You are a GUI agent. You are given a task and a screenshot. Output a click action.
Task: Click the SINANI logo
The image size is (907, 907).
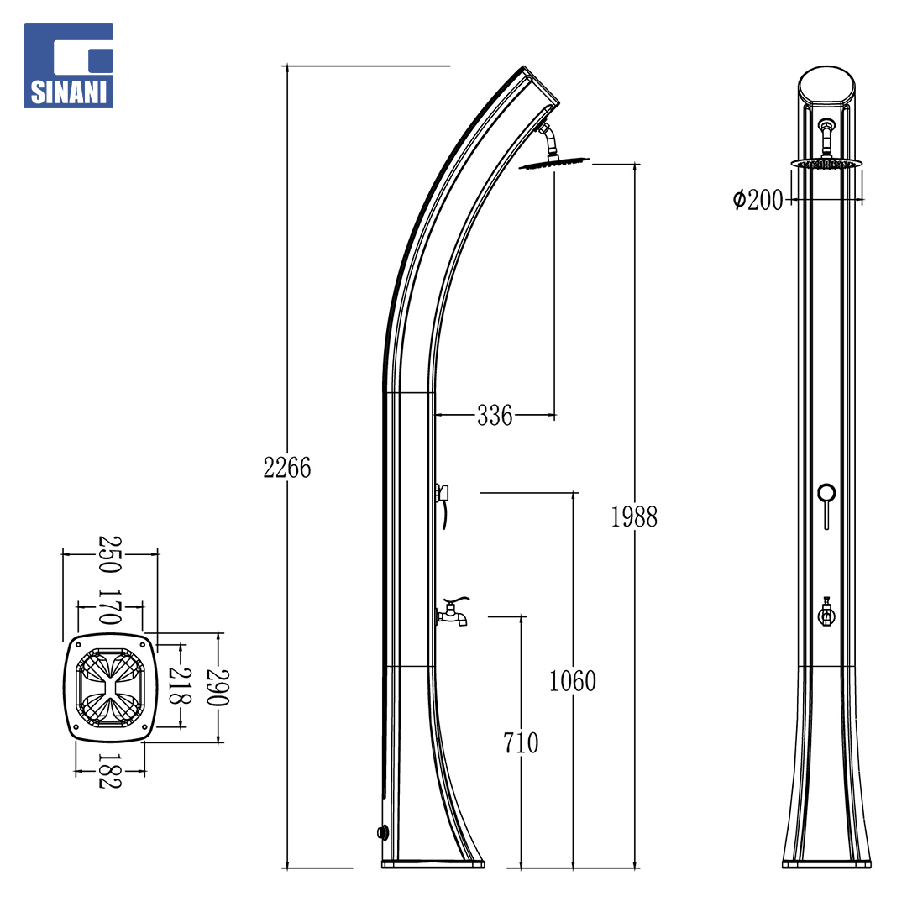[68, 66]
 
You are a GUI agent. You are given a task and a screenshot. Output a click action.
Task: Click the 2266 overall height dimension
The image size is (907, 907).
[287, 468]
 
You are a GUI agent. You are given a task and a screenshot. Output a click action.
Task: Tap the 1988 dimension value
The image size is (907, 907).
[634, 516]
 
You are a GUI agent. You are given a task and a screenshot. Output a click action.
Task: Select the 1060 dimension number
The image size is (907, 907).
[573, 681]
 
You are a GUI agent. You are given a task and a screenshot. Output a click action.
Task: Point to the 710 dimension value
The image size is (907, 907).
[521, 743]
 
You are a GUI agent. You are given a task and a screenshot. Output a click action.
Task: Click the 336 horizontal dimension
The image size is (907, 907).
[495, 416]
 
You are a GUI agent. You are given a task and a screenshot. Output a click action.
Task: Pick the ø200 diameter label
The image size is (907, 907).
[758, 200]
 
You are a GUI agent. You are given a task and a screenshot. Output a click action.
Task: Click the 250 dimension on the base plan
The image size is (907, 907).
[110, 554]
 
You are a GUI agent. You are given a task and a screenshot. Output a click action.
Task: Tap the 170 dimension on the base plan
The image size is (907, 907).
[110, 607]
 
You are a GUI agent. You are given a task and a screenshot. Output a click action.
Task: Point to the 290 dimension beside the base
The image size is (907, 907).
[218, 688]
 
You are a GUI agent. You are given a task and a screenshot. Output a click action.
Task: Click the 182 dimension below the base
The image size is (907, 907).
[110, 772]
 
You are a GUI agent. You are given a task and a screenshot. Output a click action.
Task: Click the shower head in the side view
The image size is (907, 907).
[553, 164]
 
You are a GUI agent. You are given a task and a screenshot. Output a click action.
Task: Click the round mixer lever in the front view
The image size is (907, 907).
[826, 494]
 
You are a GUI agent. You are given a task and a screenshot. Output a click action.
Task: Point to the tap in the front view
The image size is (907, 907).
[826, 614]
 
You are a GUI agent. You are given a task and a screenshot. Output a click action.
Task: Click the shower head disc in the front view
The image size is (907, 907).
[826, 164]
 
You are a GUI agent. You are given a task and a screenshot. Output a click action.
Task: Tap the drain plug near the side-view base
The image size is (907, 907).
[382, 833]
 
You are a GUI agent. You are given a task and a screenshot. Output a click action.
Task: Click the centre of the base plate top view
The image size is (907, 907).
[110, 688]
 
